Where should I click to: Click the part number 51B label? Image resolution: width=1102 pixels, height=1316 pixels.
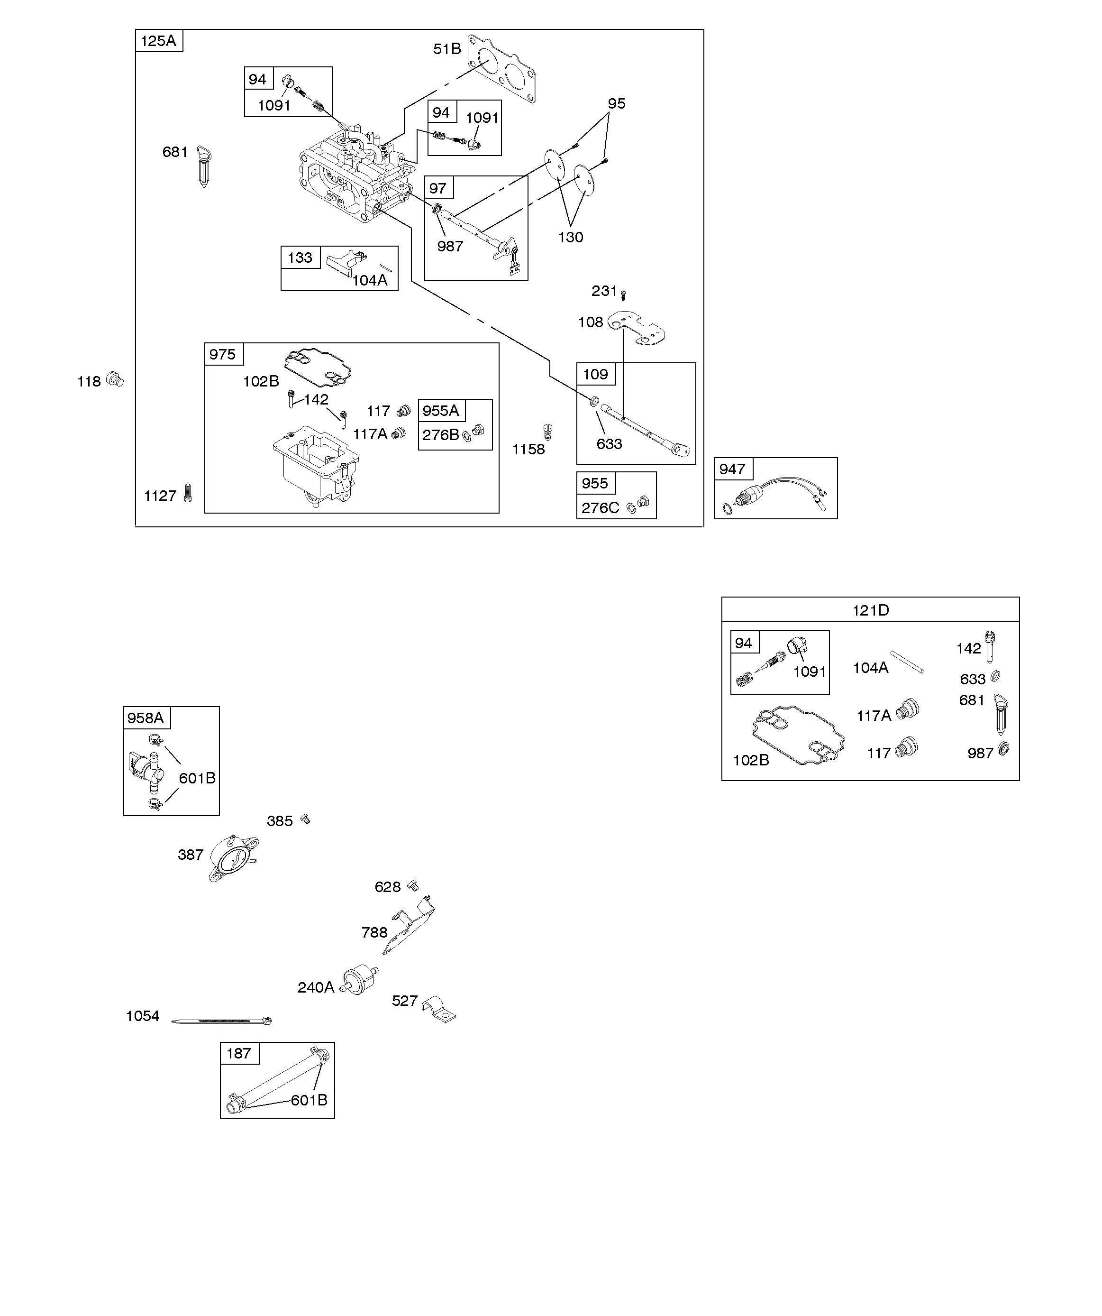point(446,49)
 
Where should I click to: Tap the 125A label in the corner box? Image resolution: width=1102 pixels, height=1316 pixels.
point(158,41)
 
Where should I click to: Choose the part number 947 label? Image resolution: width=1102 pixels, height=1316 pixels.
point(732,469)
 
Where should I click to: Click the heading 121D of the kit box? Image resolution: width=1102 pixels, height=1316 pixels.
point(870,610)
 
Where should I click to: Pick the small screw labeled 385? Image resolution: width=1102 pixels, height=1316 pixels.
point(306,819)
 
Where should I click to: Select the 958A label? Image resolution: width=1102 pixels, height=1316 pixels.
point(146,718)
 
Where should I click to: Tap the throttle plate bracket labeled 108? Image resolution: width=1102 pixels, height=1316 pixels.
point(637,327)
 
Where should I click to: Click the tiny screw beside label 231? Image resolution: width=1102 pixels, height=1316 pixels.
point(623,294)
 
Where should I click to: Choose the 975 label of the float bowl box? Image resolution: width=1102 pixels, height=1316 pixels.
point(222,355)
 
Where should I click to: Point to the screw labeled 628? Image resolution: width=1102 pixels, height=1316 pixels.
point(412,885)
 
